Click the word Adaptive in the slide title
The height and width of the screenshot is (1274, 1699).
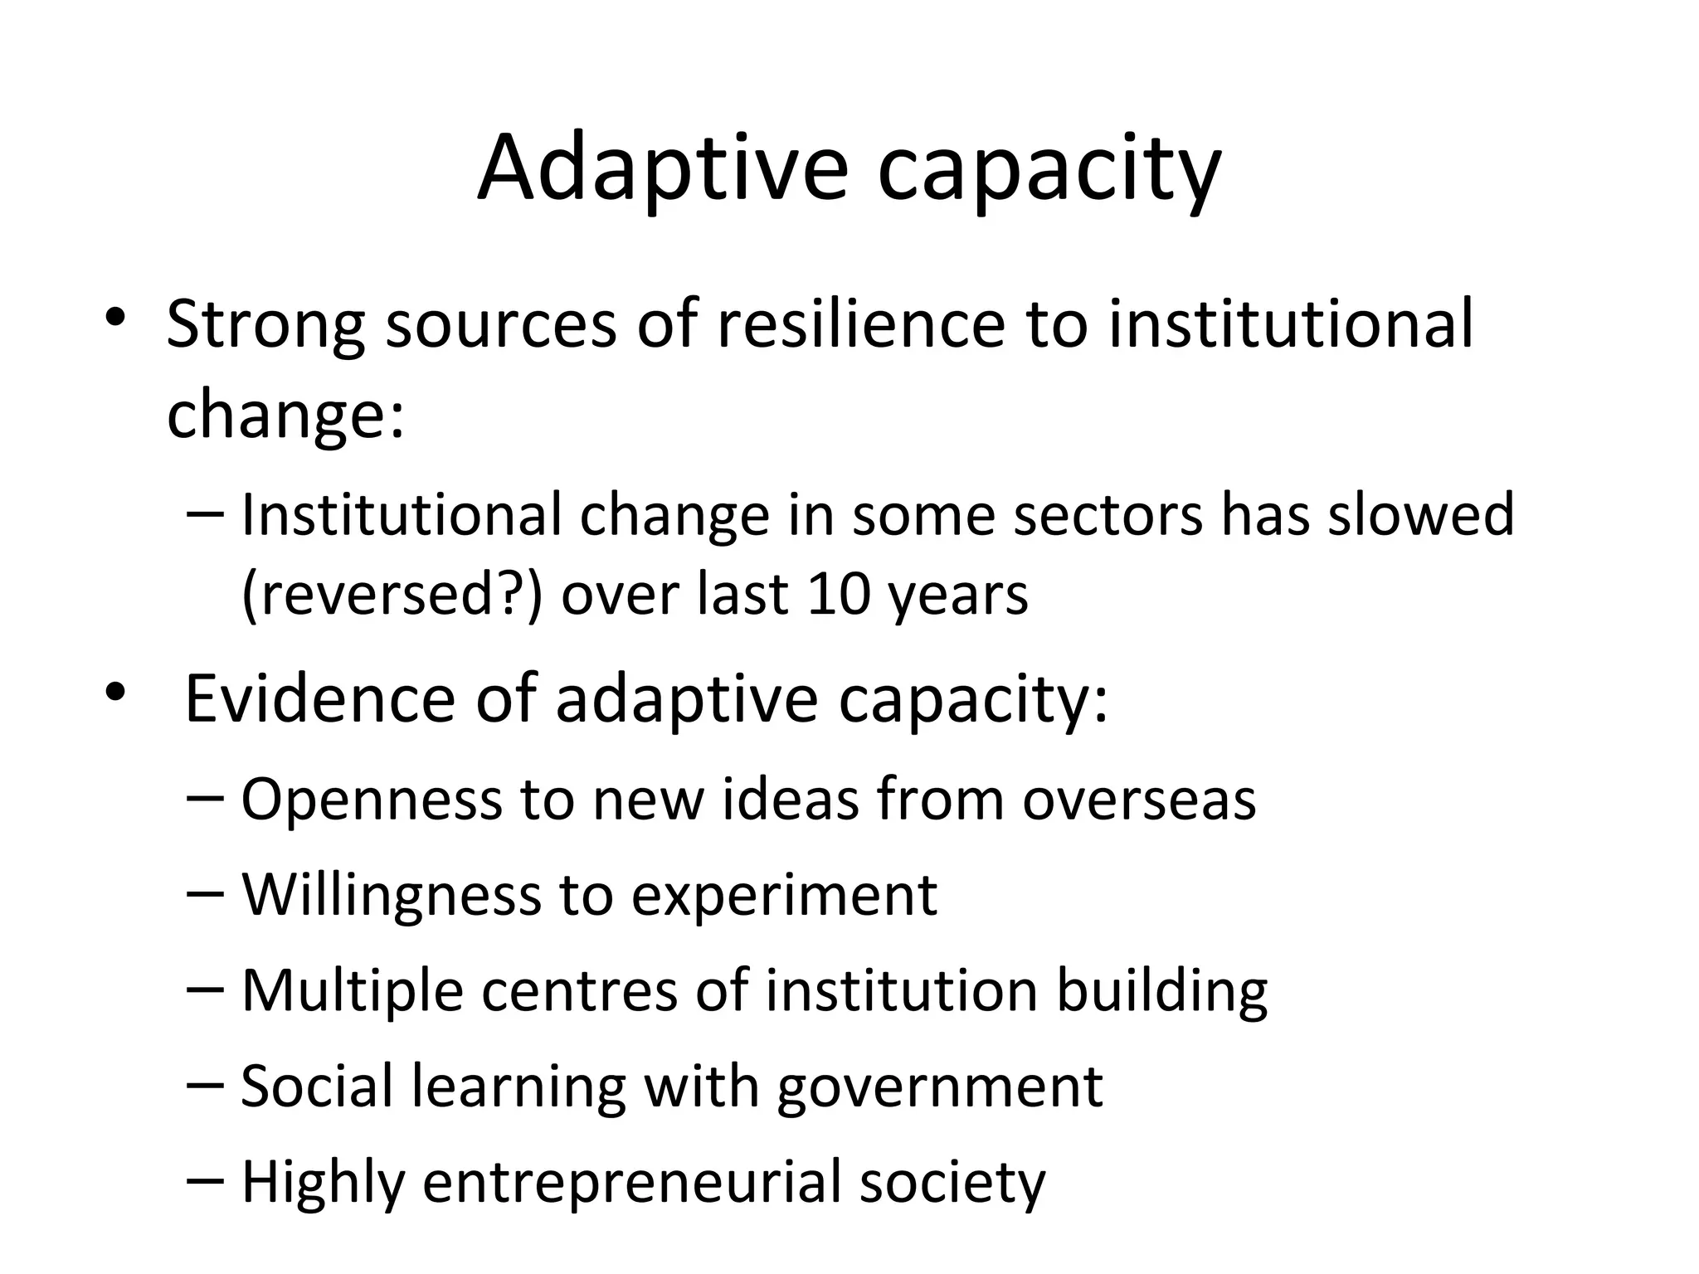pyautogui.click(x=663, y=168)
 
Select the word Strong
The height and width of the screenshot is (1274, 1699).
pyautogui.click(x=265, y=325)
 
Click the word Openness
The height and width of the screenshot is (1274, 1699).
pyautogui.click(x=371, y=800)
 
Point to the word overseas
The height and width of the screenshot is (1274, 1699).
pyautogui.click(x=1139, y=800)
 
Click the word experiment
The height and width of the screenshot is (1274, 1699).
pyautogui.click(x=784, y=897)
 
